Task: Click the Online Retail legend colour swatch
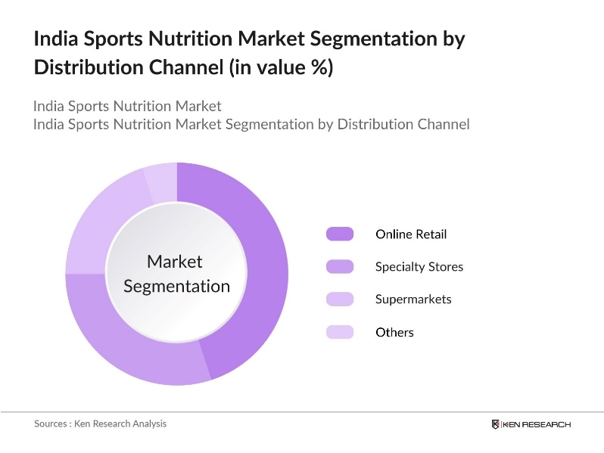pyautogui.click(x=340, y=234)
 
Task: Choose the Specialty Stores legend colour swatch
pyautogui.click(x=340, y=266)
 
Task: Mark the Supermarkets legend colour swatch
pyautogui.click(x=340, y=299)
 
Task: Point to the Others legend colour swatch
pyautogui.click(x=340, y=332)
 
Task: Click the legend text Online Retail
pyautogui.click(x=411, y=234)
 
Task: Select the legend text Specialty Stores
pyautogui.click(x=419, y=266)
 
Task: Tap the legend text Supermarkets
pyautogui.click(x=413, y=299)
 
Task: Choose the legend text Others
pyautogui.click(x=394, y=332)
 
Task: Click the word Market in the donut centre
pyautogui.click(x=175, y=262)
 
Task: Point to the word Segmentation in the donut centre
pyautogui.click(x=176, y=286)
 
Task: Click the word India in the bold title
pyautogui.click(x=54, y=39)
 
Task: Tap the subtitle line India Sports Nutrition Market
pyautogui.click(x=127, y=105)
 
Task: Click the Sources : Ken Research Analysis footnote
pyautogui.click(x=100, y=424)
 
